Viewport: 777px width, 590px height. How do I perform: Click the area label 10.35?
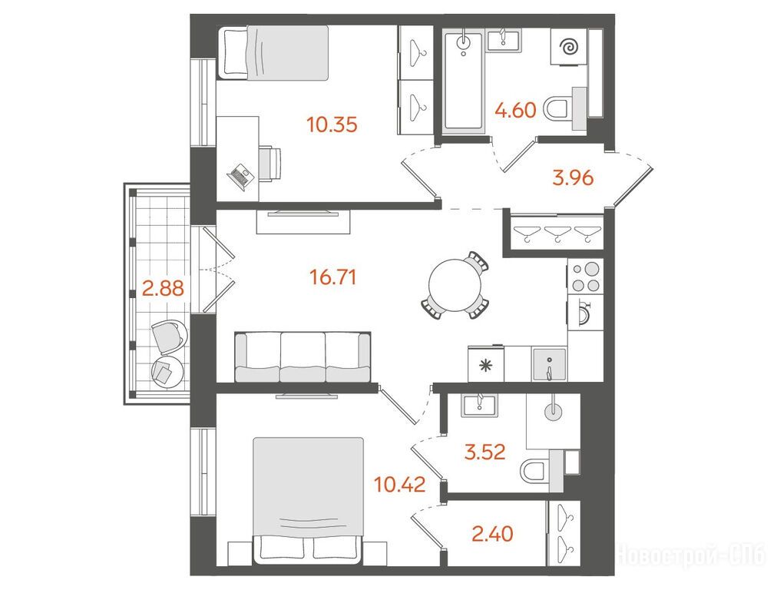tap(332, 124)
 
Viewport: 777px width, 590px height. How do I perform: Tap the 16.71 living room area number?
tap(333, 277)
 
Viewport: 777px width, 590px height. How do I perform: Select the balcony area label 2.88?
tap(163, 287)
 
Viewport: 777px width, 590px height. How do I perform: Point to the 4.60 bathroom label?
tap(516, 110)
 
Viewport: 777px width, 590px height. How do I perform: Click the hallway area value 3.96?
tap(573, 177)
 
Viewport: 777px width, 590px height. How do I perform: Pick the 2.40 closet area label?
tap(492, 534)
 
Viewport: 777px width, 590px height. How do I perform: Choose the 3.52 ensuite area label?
tap(484, 452)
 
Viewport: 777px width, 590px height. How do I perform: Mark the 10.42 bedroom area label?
tap(400, 484)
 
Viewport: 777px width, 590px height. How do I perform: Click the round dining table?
tap(455, 286)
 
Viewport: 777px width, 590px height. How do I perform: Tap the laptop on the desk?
tap(240, 175)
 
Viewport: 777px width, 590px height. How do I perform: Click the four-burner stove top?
tap(586, 277)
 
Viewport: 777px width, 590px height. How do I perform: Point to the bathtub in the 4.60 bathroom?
tap(464, 81)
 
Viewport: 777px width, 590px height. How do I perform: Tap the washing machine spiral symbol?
tap(569, 47)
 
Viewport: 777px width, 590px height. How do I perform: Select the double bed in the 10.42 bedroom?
tap(308, 500)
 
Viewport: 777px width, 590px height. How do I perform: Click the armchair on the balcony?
tap(169, 336)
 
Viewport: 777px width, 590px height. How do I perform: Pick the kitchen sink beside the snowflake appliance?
tap(549, 364)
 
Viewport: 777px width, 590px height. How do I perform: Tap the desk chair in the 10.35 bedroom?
tap(269, 163)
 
